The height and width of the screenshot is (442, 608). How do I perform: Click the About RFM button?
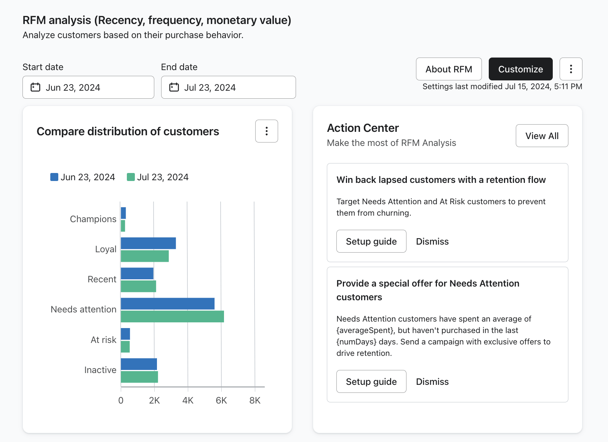(449, 69)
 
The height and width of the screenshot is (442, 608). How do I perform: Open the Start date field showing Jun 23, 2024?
(88, 87)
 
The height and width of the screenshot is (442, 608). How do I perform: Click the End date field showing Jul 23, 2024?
(228, 87)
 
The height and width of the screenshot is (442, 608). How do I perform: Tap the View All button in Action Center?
(542, 136)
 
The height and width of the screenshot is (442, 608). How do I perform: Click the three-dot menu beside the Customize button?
(571, 69)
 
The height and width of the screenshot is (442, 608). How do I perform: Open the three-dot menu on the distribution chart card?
(267, 131)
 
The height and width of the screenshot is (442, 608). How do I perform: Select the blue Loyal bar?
(148, 243)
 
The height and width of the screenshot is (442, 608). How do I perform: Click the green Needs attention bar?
(172, 317)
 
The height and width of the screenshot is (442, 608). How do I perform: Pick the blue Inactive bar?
(139, 364)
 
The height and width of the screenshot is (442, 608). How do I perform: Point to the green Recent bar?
(138, 287)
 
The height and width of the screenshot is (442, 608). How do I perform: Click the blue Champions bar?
(123, 213)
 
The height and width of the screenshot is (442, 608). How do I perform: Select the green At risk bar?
(125, 347)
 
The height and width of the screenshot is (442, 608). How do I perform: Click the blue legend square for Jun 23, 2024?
(54, 177)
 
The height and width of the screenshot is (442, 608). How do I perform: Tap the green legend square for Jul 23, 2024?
(131, 177)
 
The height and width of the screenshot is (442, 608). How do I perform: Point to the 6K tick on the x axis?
(221, 400)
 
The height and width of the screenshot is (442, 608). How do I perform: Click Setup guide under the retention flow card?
(371, 241)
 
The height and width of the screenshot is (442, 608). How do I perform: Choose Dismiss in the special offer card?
(432, 381)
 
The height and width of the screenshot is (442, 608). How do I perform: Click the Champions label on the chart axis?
(93, 219)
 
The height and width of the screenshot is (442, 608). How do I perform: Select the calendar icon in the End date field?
(174, 87)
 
